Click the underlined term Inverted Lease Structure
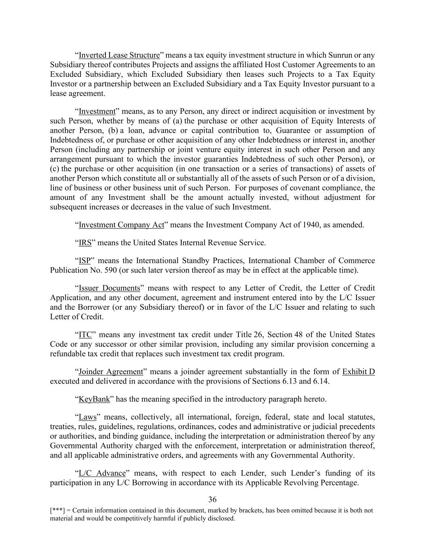pyautogui.click(x=119, y=55)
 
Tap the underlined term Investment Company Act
pyautogui.click(x=121, y=225)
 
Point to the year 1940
pyautogui.click(x=311, y=225)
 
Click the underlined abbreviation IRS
pyautogui.click(x=85, y=243)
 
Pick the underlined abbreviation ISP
pyautogui.click(x=85, y=261)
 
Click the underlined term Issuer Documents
pyautogui.click(x=109, y=288)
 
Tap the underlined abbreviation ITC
pyautogui.click(x=85, y=335)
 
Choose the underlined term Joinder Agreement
pyautogui.click(x=111, y=372)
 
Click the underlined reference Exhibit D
pyautogui.click(x=359, y=372)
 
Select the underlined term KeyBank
pyautogui.click(x=94, y=399)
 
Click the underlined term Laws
pyautogui.click(x=87, y=417)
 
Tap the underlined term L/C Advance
pyautogui.click(x=102, y=473)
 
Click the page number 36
pyautogui.click(x=212, y=500)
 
